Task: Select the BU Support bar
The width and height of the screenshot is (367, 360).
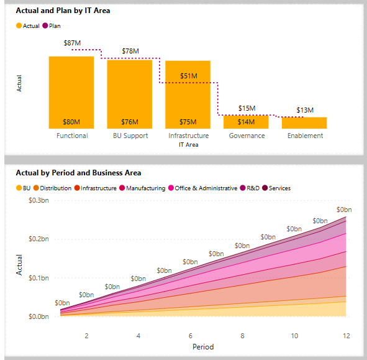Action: pyautogui.click(x=129, y=93)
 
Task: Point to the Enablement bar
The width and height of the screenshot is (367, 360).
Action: pyautogui.click(x=304, y=122)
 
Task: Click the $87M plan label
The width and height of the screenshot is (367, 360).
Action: pyautogui.click(x=72, y=43)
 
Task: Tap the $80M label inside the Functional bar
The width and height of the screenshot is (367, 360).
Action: pyautogui.click(x=71, y=122)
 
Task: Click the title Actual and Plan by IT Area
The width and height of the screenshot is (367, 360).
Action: pyautogui.click(x=63, y=11)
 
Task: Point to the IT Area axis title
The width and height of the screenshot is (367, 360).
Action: pyautogui.click(x=188, y=144)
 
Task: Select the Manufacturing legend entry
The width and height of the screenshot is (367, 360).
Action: pyautogui.click(x=145, y=188)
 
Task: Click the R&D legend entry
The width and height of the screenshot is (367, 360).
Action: pyautogui.click(x=252, y=188)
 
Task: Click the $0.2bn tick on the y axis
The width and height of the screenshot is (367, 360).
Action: pyautogui.click(x=39, y=239)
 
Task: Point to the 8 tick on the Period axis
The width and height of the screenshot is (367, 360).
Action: pyautogui.click(x=241, y=336)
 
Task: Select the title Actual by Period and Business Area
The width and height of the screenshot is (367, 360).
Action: pyautogui.click(x=78, y=172)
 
